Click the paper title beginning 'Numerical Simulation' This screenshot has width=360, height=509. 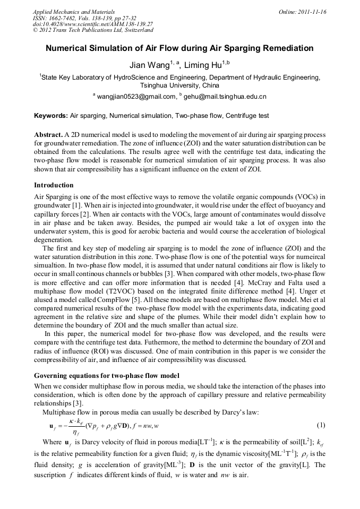click(179, 48)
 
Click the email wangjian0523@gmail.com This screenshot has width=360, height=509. click(136, 97)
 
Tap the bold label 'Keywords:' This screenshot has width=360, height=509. click(51, 115)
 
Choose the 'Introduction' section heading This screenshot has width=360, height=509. click(54, 185)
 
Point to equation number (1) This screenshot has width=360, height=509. click(321, 425)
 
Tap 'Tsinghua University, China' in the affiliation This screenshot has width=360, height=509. click(179, 85)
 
